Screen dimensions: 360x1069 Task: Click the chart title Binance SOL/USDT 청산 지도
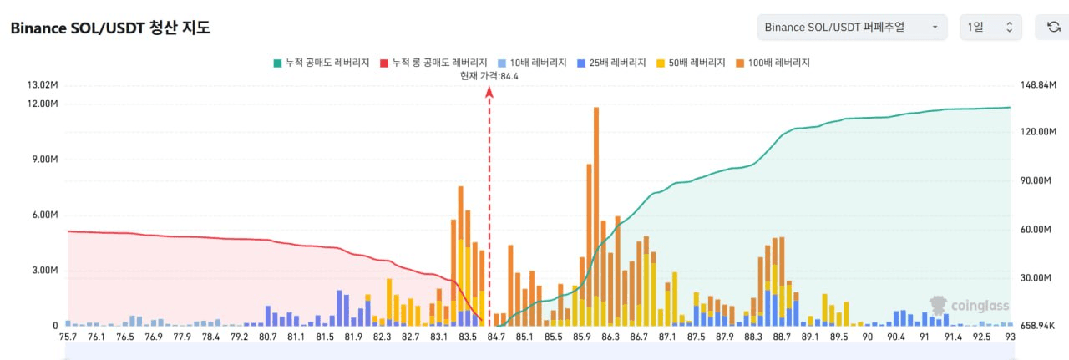click(x=110, y=28)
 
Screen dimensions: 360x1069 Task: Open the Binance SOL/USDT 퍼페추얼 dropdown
click(x=852, y=28)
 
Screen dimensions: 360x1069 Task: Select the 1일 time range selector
click(x=990, y=28)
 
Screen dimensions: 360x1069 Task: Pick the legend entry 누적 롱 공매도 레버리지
click(x=433, y=63)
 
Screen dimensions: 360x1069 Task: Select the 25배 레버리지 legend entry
click(x=611, y=63)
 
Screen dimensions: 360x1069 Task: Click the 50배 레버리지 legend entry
click(x=692, y=63)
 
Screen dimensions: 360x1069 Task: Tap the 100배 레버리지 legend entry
click(x=773, y=63)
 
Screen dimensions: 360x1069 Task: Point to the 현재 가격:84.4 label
click(x=489, y=76)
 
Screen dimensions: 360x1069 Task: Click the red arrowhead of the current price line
click(x=489, y=91)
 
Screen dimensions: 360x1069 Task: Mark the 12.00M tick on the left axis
click(x=43, y=104)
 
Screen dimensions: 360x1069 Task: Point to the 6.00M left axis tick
click(x=43, y=215)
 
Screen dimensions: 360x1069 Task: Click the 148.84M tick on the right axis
click(x=1038, y=85)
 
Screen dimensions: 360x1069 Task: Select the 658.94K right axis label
click(x=1038, y=326)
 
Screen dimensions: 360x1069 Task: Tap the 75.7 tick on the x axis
click(x=68, y=337)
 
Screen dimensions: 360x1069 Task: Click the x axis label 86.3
click(x=610, y=337)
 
